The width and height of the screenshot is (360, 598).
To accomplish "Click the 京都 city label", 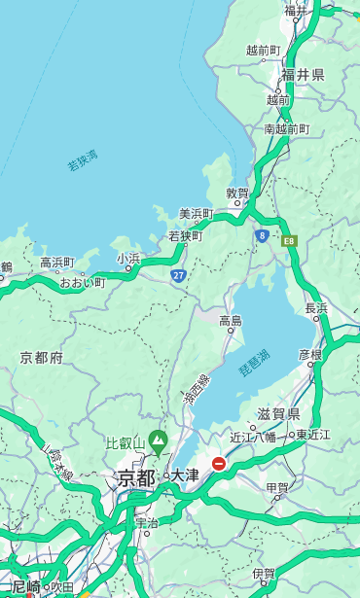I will point(136,477).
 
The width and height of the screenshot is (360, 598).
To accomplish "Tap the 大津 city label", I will point(185,475).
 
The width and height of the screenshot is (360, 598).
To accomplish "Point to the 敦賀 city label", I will point(237,193).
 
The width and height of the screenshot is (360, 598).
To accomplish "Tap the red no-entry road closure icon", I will point(219,464).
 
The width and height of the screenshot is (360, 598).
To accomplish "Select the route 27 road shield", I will point(179,276).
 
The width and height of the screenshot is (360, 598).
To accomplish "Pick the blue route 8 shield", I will point(263,235).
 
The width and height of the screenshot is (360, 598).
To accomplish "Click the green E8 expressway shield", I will point(289,240).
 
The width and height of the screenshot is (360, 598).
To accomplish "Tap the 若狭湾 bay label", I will point(83,160).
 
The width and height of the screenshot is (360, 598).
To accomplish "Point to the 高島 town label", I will point(231,320).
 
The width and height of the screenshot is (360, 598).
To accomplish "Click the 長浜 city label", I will point(317,308).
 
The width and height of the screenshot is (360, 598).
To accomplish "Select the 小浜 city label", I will point(128,258).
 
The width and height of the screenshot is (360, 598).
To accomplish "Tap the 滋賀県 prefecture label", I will point(277,414).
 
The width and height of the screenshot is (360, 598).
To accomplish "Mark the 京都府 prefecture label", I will point(42,358).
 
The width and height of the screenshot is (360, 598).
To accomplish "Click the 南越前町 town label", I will point(286,128).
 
